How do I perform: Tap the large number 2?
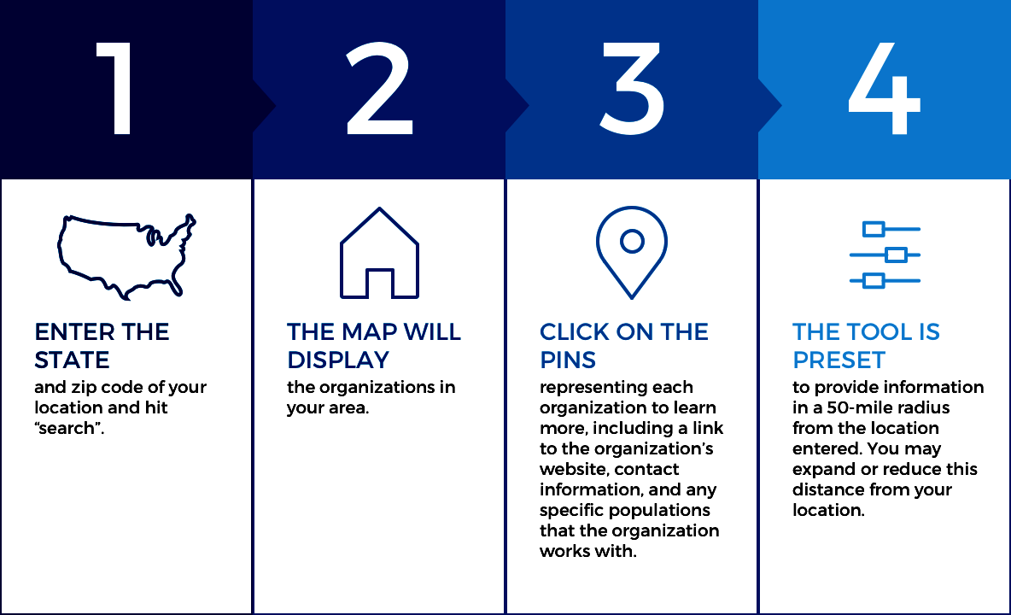click(x=379, y=88)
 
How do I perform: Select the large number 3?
click(x=632, y=88)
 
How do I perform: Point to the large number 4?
click(x=884, y=88)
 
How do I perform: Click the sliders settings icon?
click(x=885, y=255)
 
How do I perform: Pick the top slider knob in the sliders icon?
click(x=874, y=229)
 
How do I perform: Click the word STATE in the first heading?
click(x=73, y=360)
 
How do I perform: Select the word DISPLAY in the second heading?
click(x=338, y=360)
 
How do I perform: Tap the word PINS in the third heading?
click(x=568, y=360)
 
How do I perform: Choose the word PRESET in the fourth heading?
click(x=839, y=360)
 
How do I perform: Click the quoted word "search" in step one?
click(x=70, y=428)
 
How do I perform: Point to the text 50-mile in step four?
click(x=856, y=407)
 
